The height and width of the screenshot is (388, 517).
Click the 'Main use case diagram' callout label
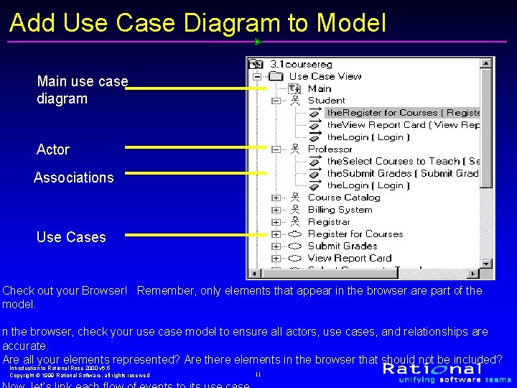point(82,90)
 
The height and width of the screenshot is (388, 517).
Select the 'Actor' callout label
point(53,149)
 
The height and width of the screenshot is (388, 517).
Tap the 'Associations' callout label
point(73,177)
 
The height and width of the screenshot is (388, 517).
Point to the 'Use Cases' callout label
point(70,237)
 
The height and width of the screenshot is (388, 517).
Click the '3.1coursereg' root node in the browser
point(301,64)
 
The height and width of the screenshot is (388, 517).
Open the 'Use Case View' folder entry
point(325,76)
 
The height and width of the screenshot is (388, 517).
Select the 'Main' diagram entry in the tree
point(320,88)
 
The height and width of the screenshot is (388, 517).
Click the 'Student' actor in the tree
point(326,101)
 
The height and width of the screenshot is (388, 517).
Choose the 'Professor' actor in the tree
point(330,149)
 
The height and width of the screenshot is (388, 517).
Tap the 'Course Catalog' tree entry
point(344,198)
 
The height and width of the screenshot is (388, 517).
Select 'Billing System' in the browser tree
point(340,210)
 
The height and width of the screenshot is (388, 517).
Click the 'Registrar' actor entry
point(329,222)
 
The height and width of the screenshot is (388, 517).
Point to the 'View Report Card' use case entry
point(350,258)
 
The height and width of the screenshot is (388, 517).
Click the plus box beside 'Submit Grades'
point(276,246)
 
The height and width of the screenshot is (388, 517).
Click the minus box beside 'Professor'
point(276,149)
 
